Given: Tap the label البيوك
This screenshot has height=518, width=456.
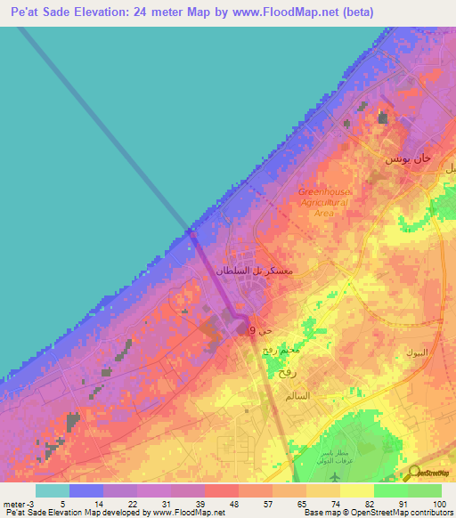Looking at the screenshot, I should click(x=416, y=352).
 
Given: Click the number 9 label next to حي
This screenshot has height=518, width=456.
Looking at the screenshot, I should click(x=252, y=331).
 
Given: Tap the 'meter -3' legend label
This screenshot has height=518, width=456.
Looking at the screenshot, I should click(x=18, y=503).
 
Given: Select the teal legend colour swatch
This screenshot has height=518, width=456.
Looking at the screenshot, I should click(x=53, y=490).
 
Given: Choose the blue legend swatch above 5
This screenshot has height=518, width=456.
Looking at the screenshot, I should click(x=86, y=490).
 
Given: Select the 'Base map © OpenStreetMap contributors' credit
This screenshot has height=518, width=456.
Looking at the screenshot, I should click(x=378, y=514).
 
